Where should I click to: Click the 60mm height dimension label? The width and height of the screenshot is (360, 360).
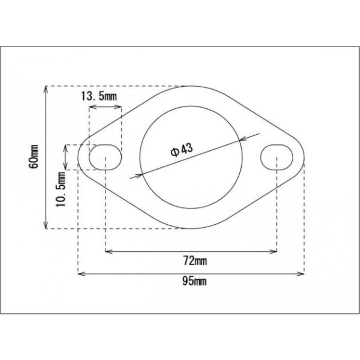pyautogui.click(x=34, y=156)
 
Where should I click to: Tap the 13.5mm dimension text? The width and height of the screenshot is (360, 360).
pyautogui.click(x=99, y=96)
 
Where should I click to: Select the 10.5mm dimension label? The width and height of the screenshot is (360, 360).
pyautogui.click(x=61, y=189)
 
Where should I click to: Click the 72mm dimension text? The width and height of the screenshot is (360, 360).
pyautogui.click(x=195, y=261)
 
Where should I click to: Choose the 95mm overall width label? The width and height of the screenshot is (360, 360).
pyautogui.click(x=194, y=281)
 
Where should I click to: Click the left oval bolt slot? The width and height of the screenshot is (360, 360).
pyautogui.click(x=105, y=157)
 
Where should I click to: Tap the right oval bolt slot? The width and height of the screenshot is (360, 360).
pyautogui.click(x=277, y=157)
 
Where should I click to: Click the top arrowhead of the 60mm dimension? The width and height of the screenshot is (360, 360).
pyautogui.click(x=46, y=89)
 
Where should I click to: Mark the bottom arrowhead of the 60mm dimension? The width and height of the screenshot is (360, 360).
pyautogui.click(x=46, y=226)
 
